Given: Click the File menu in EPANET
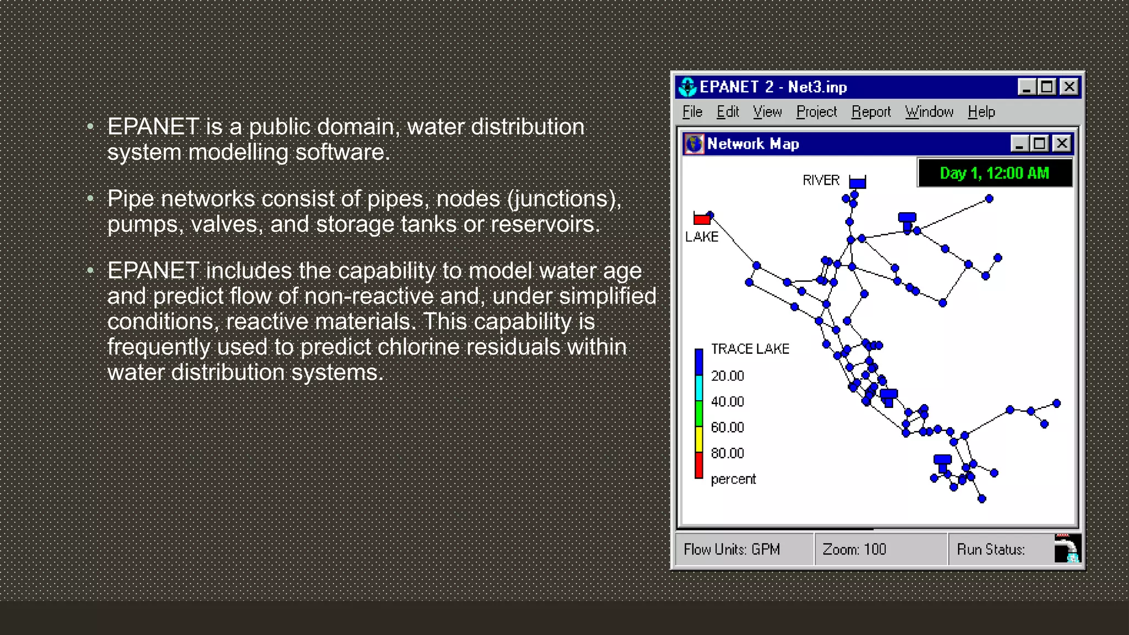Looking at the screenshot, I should [692, 112].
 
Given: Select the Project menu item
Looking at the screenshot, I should [816, 112].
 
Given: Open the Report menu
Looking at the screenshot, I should [870, 112].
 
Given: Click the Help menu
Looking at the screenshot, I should [981, 112].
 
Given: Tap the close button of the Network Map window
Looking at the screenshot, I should [1061, 144].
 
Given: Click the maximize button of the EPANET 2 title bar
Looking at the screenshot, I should [1046, 87].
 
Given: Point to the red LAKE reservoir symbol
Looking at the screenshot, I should [702, 219].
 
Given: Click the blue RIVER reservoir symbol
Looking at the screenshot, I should [857, 182].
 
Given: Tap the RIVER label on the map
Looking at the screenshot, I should [820, 180].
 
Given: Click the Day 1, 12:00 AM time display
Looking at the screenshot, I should [994, 173].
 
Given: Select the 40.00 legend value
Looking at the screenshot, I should [727, 402].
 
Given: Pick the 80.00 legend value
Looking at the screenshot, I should [727, 453].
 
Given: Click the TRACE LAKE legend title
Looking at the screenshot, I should [750, 349].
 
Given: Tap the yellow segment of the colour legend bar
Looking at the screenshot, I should [698, 439].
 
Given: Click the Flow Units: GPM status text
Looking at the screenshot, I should [732, 550].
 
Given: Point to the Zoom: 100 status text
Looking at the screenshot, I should [854, 550].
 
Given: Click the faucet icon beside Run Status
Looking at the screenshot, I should [1067, 548].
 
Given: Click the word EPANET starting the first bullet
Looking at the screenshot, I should [153, 127].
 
